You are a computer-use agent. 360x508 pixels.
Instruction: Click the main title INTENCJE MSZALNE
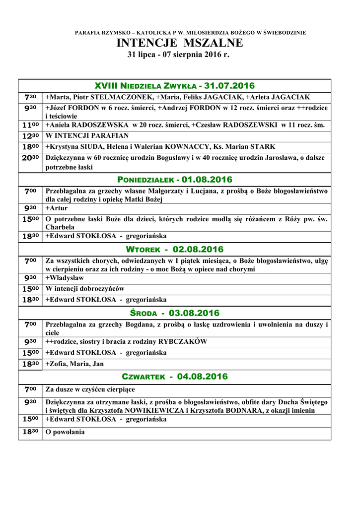(180, 43)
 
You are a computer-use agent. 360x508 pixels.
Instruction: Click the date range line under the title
(180, 54)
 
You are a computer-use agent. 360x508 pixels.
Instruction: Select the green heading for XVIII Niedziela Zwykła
(174, 86)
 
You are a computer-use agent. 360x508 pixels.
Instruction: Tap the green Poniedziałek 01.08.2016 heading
(174, 179)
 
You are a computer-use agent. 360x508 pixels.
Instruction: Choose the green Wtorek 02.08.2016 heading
(174, 249)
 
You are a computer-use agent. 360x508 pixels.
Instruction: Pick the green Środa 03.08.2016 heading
(174, 313)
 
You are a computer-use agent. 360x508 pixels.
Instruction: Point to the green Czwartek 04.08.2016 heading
(174, 377)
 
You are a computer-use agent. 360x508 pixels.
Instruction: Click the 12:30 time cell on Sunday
(30, 135)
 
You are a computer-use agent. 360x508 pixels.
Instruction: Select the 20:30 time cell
(30, 158)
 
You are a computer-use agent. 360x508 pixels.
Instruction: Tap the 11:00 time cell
(30, 125)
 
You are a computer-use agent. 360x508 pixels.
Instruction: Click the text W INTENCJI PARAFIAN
(87, 136)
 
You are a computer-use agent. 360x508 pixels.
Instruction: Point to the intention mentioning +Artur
(57, 208)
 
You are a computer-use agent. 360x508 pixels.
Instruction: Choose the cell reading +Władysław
(65, 278)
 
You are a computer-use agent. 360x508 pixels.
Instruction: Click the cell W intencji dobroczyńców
(84, 289)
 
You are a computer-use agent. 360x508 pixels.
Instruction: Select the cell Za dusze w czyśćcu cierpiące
(90, 389)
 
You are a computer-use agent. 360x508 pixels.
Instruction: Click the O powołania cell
(65, 432)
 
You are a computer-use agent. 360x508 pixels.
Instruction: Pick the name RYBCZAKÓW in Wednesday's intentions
(183, 341)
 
